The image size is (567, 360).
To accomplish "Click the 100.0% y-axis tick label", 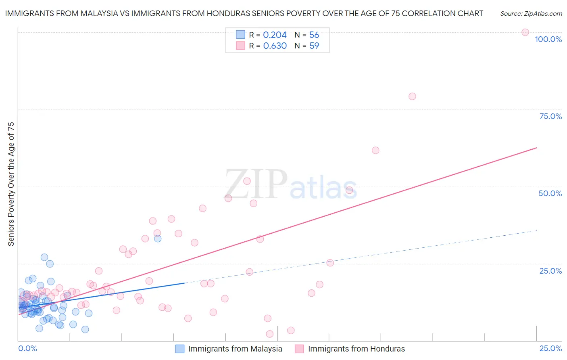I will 548,39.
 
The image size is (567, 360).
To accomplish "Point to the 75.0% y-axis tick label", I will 550,116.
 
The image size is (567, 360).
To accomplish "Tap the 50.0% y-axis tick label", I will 550,193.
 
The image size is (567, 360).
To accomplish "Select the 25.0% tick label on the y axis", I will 550,271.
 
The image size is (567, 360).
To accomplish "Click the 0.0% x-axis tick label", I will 27,348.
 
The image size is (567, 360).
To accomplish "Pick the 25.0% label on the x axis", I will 550,348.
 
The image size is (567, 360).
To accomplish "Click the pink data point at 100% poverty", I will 525,32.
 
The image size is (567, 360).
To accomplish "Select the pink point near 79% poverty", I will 412,96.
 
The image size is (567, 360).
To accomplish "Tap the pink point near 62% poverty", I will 375,151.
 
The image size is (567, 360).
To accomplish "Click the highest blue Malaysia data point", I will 158,239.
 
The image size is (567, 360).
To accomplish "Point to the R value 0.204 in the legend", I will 275,35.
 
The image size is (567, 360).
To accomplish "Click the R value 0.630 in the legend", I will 275,46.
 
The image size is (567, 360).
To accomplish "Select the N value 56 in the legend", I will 314,35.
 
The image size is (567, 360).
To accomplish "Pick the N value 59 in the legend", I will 314,46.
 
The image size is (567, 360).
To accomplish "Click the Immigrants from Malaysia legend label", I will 235,349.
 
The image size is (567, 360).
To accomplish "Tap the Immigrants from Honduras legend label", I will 356,349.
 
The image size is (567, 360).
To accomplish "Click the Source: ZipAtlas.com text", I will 531,14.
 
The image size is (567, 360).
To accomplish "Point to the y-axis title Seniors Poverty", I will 11,184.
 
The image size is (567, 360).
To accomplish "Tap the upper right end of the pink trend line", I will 536,148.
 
